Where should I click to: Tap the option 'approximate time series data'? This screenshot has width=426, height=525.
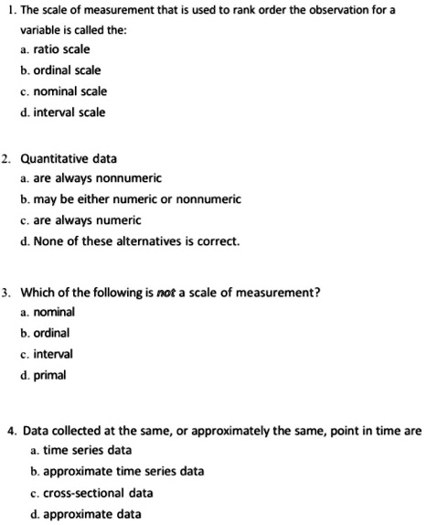[122, 471]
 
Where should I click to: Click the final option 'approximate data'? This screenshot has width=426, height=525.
[93, 513]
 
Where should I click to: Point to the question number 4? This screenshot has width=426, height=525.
[9, 429]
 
